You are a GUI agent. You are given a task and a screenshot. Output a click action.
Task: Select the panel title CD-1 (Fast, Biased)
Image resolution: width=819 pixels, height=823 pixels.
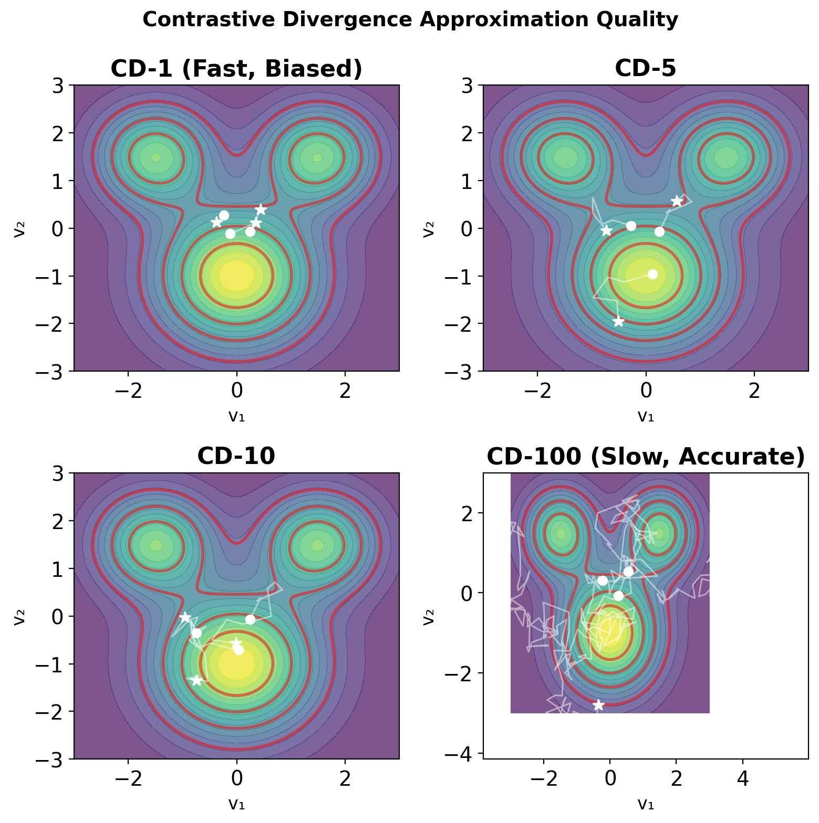point(236,69)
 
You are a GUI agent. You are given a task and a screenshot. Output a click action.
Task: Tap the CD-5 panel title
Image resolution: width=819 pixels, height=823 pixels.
point(645,69)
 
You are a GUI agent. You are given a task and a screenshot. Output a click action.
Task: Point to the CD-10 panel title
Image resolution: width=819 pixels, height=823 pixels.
point(236,456)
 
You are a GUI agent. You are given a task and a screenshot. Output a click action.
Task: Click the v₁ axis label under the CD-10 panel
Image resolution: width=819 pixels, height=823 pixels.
point(236,804)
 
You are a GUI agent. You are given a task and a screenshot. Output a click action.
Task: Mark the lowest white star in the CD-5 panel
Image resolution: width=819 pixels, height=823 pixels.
point(618,322)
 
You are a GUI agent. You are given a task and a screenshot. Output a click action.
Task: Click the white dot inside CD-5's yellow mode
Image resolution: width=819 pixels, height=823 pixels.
point(652,274)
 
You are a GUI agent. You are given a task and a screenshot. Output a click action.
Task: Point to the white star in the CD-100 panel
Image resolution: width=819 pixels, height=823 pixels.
point(598,705)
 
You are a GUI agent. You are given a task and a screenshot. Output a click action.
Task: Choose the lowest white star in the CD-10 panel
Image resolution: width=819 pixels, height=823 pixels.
point(196,680)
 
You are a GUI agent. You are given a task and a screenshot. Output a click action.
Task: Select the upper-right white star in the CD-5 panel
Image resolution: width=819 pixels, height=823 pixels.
point(677,201)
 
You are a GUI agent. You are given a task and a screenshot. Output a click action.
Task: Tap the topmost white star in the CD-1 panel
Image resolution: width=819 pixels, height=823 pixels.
point(261,210)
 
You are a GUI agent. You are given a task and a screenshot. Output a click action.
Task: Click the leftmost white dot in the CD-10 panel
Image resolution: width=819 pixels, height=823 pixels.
point(196,633)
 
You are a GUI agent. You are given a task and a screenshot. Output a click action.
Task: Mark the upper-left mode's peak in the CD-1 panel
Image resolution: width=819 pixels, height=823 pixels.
point(156,157)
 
